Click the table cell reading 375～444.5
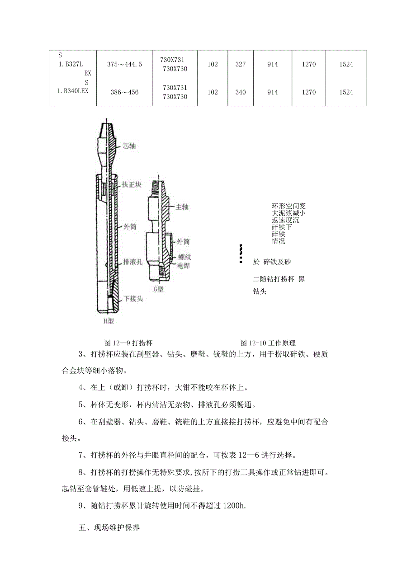tap(124, 65)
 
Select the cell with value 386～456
tap(124, 92)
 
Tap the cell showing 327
tap(241, 65)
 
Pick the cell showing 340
tap(241, 92)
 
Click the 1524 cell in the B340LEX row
tap(346, 92)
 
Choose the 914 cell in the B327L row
tap(272, 65)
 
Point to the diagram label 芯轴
tap(129, 146)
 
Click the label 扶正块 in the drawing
tap(132, 185)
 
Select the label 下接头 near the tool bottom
tap(133, 299)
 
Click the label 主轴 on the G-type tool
tap(182, 207)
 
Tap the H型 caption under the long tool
tap(109, 321)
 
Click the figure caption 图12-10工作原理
tap(268, 343)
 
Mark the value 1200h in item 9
tap(235, 506)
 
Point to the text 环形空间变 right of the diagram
tap(288, 206)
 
